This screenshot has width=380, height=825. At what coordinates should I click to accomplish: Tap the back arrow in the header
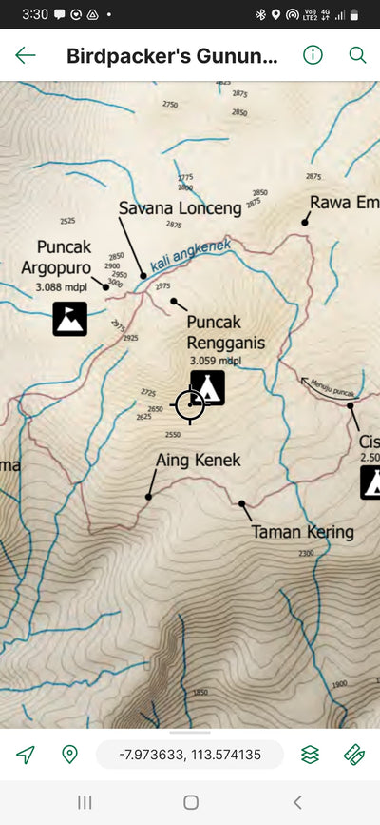tap(26, 54)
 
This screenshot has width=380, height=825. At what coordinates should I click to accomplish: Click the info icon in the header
tap(313, 54)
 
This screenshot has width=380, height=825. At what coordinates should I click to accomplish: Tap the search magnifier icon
tap(357, 54)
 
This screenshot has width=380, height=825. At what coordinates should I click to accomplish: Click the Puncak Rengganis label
tap(225, 332)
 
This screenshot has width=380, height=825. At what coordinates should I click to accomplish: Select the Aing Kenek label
tap(198, 461)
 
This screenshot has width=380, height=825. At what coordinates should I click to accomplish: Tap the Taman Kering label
tap(302, 532)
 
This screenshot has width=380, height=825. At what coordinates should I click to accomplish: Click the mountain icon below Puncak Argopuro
tap(69, 319)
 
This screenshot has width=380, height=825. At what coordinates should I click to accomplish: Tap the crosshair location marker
tap(190, 404)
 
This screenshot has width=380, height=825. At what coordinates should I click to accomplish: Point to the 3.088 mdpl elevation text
tap(59, 285)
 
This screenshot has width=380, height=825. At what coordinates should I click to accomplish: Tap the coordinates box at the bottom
tap(190, 755)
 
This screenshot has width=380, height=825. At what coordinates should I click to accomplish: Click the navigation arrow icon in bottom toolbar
tap(26, 755)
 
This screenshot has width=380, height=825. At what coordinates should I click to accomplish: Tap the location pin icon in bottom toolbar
tap(69, 755)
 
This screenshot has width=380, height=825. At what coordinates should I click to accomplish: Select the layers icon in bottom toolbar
tap(310, 755)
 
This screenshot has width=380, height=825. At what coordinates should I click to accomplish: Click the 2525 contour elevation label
tap(66, 221)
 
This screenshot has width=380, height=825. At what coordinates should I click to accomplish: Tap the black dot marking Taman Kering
tap(241, 503)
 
